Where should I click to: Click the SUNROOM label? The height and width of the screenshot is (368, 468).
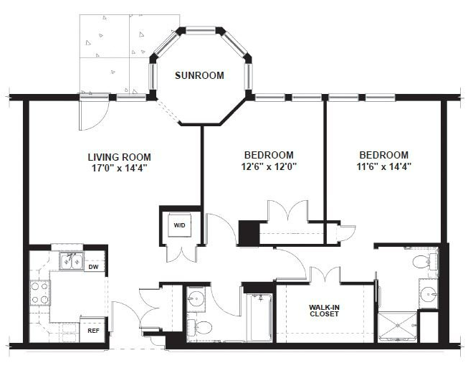pyautogui.click(x=199, y=75)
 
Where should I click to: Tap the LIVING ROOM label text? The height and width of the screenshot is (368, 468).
pyautogui.click(x=120, y=157)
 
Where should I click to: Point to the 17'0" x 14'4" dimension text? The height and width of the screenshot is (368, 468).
pyautogui.click(x=120, y=168)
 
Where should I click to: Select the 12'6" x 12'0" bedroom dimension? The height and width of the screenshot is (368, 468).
pyautogui.click(x=269, y=166)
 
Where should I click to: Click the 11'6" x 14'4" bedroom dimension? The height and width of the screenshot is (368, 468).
pyautogui.click(x=384, y=166)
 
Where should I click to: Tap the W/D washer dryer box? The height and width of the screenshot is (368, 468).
pyautogui.click(x=179, y=225)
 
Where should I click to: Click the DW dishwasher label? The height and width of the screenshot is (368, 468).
pyautogui.click(x=95, y=267)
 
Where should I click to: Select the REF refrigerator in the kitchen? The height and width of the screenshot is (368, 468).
pyautogui.click(x=92, y=330)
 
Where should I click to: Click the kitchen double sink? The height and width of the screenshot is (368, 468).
pyautogui.click(x=72, y=261)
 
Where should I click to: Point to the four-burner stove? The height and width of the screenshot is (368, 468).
pyautogui.click(x=39, y=293)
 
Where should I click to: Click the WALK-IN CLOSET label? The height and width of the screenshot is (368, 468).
pyautogui.click(x=324, y=311)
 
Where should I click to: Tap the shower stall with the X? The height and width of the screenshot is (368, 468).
pyautogui.click(x=397, y=327)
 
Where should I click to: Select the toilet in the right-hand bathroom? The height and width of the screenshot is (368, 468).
pyautogui.click(x=425, y=263)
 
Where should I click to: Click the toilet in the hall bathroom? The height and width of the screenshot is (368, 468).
pyautogui.click(x=199, y=327)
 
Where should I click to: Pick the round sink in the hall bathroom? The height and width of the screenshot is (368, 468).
pyautogui.click(x=196, y=298)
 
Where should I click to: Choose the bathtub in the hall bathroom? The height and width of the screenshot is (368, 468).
pyautogui.click(x=261, y=318)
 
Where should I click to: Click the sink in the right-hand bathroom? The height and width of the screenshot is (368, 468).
pyautogui.click(x=429, y=294)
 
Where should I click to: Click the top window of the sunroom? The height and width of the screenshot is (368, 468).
pyautogui.click(x=201, y=30)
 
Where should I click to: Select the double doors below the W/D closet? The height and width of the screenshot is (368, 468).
pyautogui.click(x=181, y=253)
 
